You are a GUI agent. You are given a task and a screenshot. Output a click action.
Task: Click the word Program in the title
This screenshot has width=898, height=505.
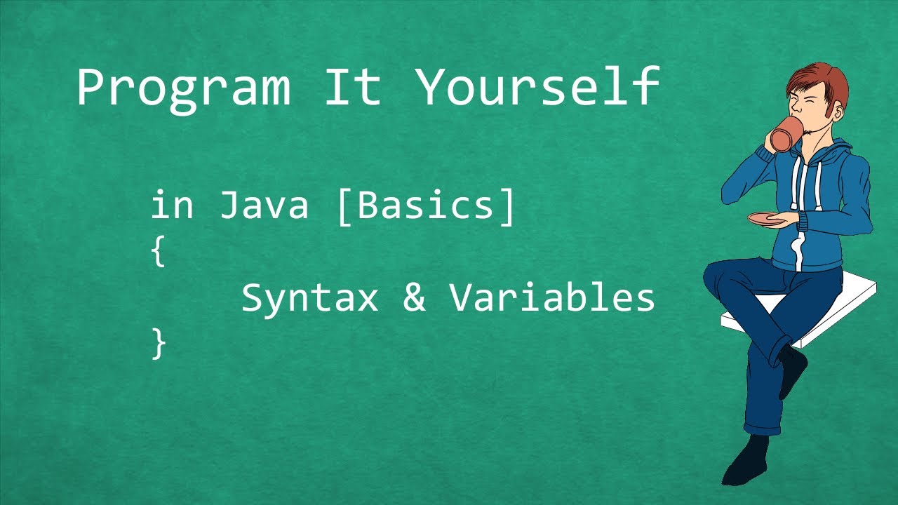(x=182, y=88)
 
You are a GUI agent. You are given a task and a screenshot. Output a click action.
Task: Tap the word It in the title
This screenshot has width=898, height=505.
(x=352, y=87)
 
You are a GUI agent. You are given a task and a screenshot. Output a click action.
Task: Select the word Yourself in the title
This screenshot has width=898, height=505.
(x=537, y=87)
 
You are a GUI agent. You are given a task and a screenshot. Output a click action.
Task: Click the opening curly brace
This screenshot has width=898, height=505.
(x=159, y=252)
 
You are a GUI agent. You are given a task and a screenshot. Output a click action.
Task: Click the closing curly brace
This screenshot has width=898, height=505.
(x=159, y=344)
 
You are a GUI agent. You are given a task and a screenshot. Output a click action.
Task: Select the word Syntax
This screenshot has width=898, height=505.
(x=309, y=299)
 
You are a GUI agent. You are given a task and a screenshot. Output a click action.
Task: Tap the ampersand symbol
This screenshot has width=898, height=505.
(x=415, y=298)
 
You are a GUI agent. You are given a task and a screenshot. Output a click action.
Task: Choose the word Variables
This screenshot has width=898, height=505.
(x=552, y=298)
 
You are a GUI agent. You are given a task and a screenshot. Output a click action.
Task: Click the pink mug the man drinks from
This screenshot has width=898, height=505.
(x=786, y=133)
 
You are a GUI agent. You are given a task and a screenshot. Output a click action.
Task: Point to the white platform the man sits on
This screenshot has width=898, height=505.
(x=842, y=309)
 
